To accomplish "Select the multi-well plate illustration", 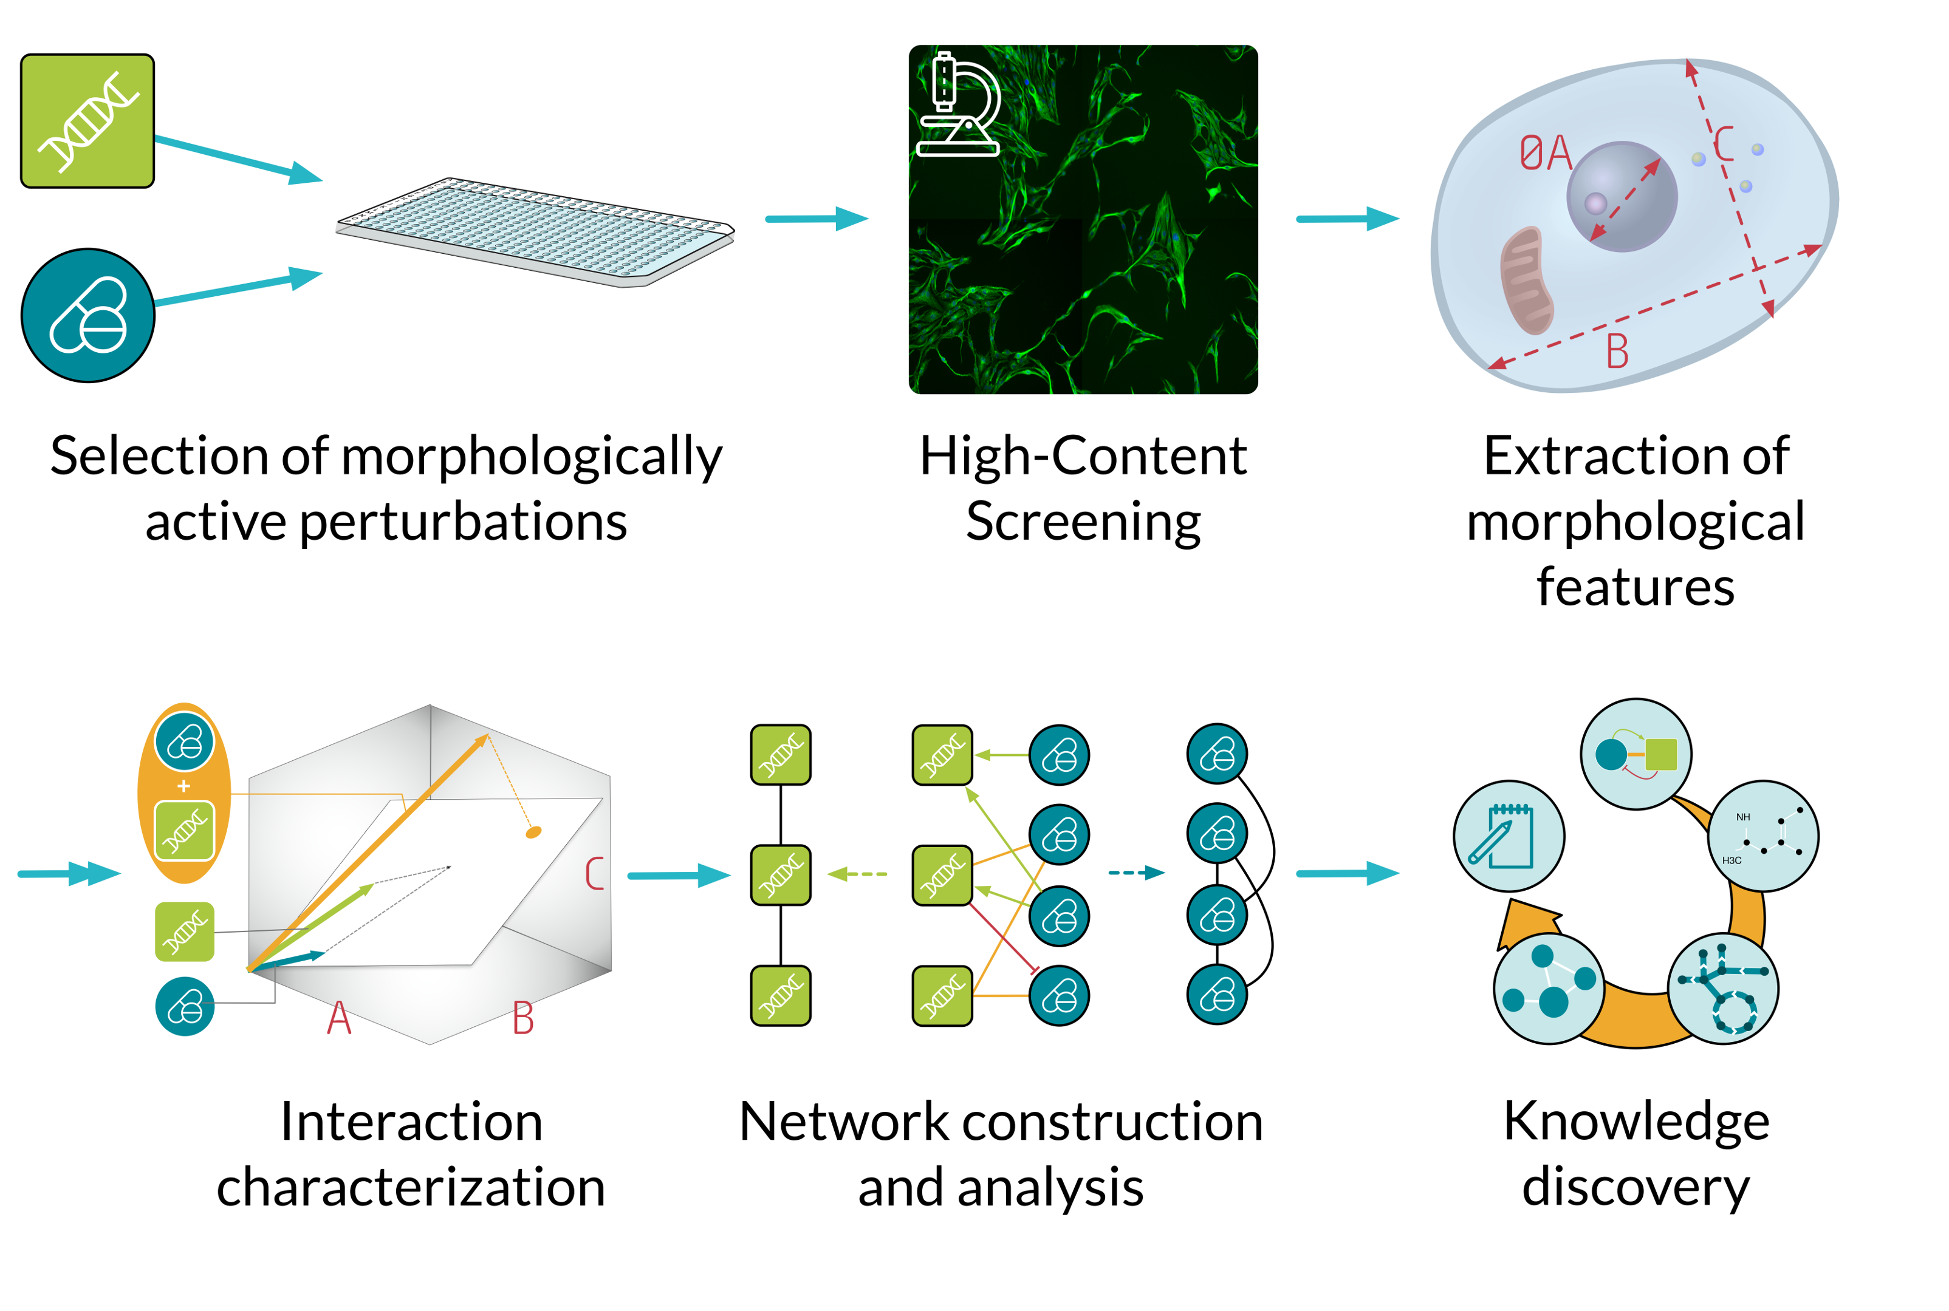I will coord(535,231).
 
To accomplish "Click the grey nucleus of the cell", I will coord(1621,197).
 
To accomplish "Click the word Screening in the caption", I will coord(1083,522).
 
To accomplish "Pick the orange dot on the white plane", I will coord(533,832).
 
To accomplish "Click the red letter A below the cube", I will coord(339,1018).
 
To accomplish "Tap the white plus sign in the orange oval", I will coord(184,786).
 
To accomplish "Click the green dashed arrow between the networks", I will coord(857,874).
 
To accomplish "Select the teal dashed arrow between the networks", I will coord(1136,873).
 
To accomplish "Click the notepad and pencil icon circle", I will coord(1508,836).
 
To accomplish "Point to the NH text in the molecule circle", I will coord(1742,817).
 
